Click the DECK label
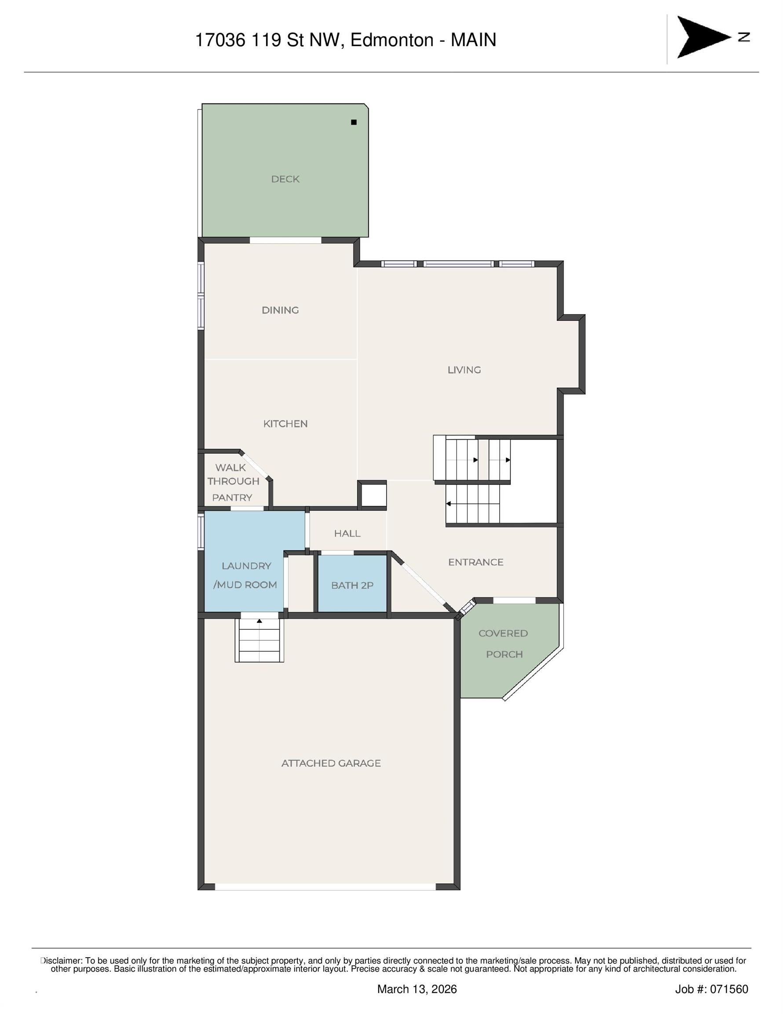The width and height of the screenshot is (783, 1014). (x=285, y=179)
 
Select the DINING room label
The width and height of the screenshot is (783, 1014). (x=280, y=310)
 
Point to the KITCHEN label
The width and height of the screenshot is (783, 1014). (x=285, y=424)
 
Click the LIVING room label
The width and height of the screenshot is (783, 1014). (x=464, y=370)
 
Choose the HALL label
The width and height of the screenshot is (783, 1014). (x=347, y=533)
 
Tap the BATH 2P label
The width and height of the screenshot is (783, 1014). (x=352, y=585)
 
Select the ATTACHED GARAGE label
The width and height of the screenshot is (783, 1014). (x=331, y=763)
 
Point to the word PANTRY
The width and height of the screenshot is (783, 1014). (x=232, y=498)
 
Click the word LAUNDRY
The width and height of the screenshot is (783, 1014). (x=246, y=566)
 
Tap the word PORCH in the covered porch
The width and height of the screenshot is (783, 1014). (x=504, y=654)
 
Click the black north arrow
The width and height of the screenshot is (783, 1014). (x=701, y=37)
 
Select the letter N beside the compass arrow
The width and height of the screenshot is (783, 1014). (x=744, y=37)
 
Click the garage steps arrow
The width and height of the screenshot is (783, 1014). (x=260, y=621)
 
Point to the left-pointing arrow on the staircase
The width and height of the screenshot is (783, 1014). (x=448, y=504)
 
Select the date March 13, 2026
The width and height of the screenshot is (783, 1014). (x=417, y=989)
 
